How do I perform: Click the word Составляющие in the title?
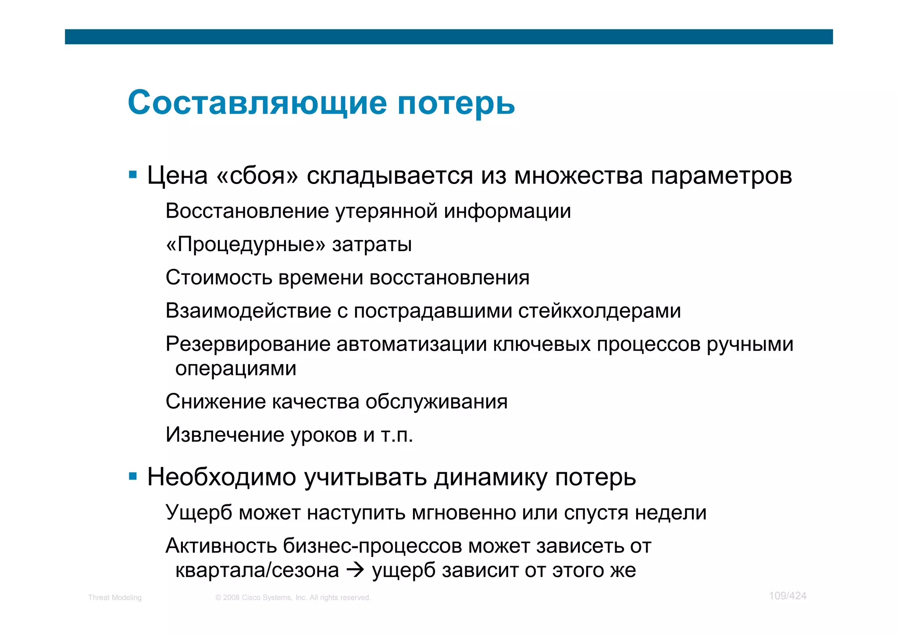point(257,103)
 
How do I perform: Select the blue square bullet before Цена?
point(133,175)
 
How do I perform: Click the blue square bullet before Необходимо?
point(133,476)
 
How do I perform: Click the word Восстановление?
point(247,211)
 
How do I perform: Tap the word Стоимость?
point(219,278)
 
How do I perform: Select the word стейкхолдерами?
point(599,311)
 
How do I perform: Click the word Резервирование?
point(248,344)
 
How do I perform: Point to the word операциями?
point(236,368)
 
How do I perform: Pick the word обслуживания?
point(436,402)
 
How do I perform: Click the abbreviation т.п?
point(397,435)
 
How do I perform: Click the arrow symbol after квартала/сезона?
point(355,570)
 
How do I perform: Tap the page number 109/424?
point(788,596)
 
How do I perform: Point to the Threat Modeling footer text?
point(115,598)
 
